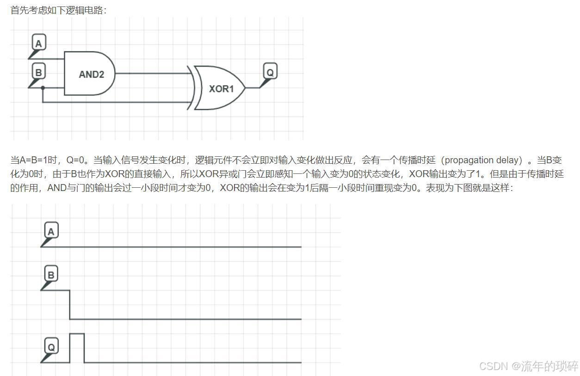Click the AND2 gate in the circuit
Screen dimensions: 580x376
[x=90, y=74]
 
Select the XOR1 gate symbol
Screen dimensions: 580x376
[x=220, y=88]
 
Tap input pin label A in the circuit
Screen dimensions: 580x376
[x=38, y=43]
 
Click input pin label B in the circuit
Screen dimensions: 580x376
[x=38, y=72]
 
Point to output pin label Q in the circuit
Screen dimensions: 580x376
[x=270, y=72]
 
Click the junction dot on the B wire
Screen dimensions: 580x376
[x=43, y=87]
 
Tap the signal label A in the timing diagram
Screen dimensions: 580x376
[x=51, y=231]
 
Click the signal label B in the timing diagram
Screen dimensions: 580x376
[x=51, y=275]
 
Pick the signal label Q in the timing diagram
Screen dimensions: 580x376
[x=51, y=346]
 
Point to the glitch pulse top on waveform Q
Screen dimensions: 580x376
[x=77, y=333]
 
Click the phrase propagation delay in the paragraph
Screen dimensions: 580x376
[x=483, y=160]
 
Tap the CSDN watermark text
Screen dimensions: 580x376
[x=528, y=366]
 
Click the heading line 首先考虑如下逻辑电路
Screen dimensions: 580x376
[x=58, y=10]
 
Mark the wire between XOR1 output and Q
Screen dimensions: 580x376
[x=253, y=87]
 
